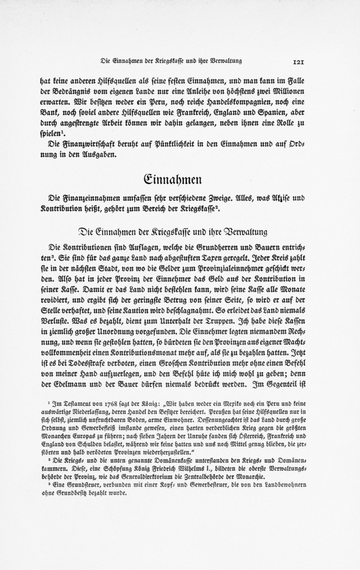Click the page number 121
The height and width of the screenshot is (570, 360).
(x=300, y=62)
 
